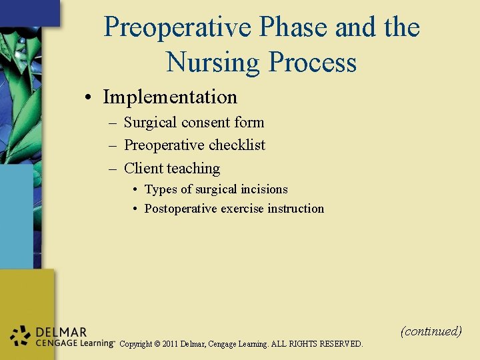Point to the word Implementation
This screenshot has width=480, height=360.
pyautogui.click(x=170, y=97)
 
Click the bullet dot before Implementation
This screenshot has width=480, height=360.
pyautogui.click(x=88, y=98)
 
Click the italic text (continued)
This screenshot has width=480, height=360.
pyautogui.click(x=431, y=331)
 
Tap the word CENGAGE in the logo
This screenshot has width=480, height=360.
pyautogui.click(x=53, y=343)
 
